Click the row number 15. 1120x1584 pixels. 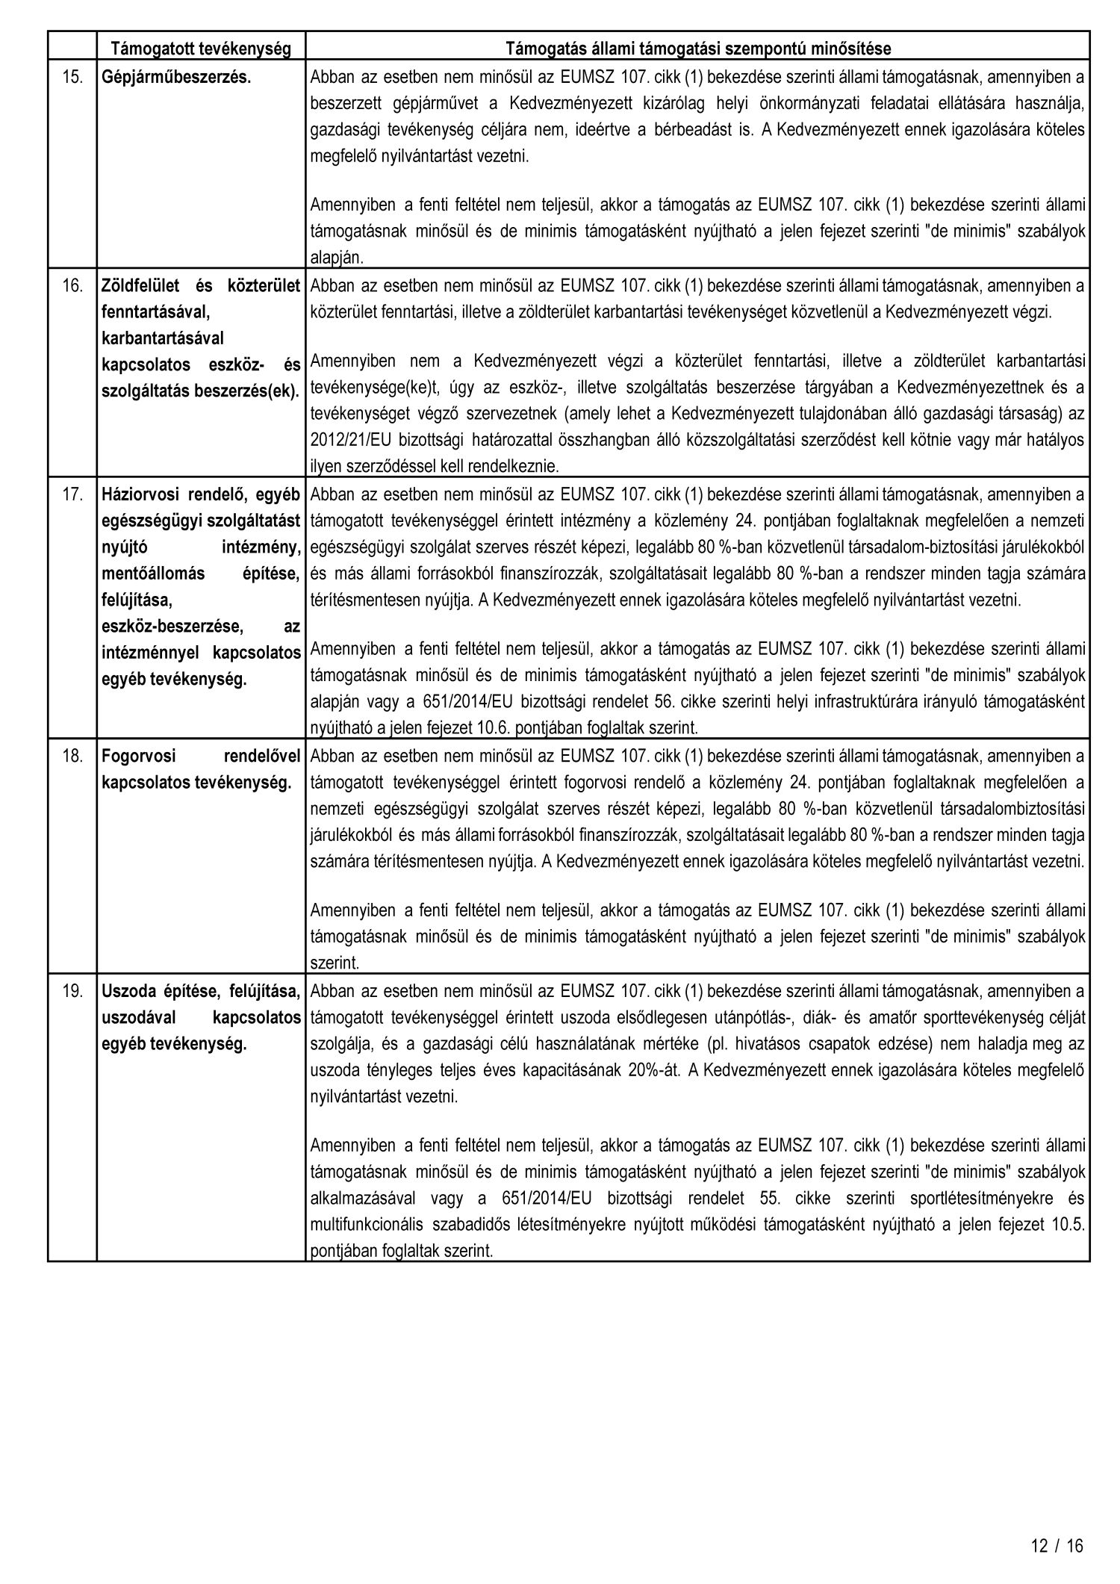[x=72, y=77]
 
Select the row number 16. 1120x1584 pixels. [x=72, y=285]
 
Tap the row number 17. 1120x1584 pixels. [x=72, y=494]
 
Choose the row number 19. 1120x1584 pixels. [x=72, y=991]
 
